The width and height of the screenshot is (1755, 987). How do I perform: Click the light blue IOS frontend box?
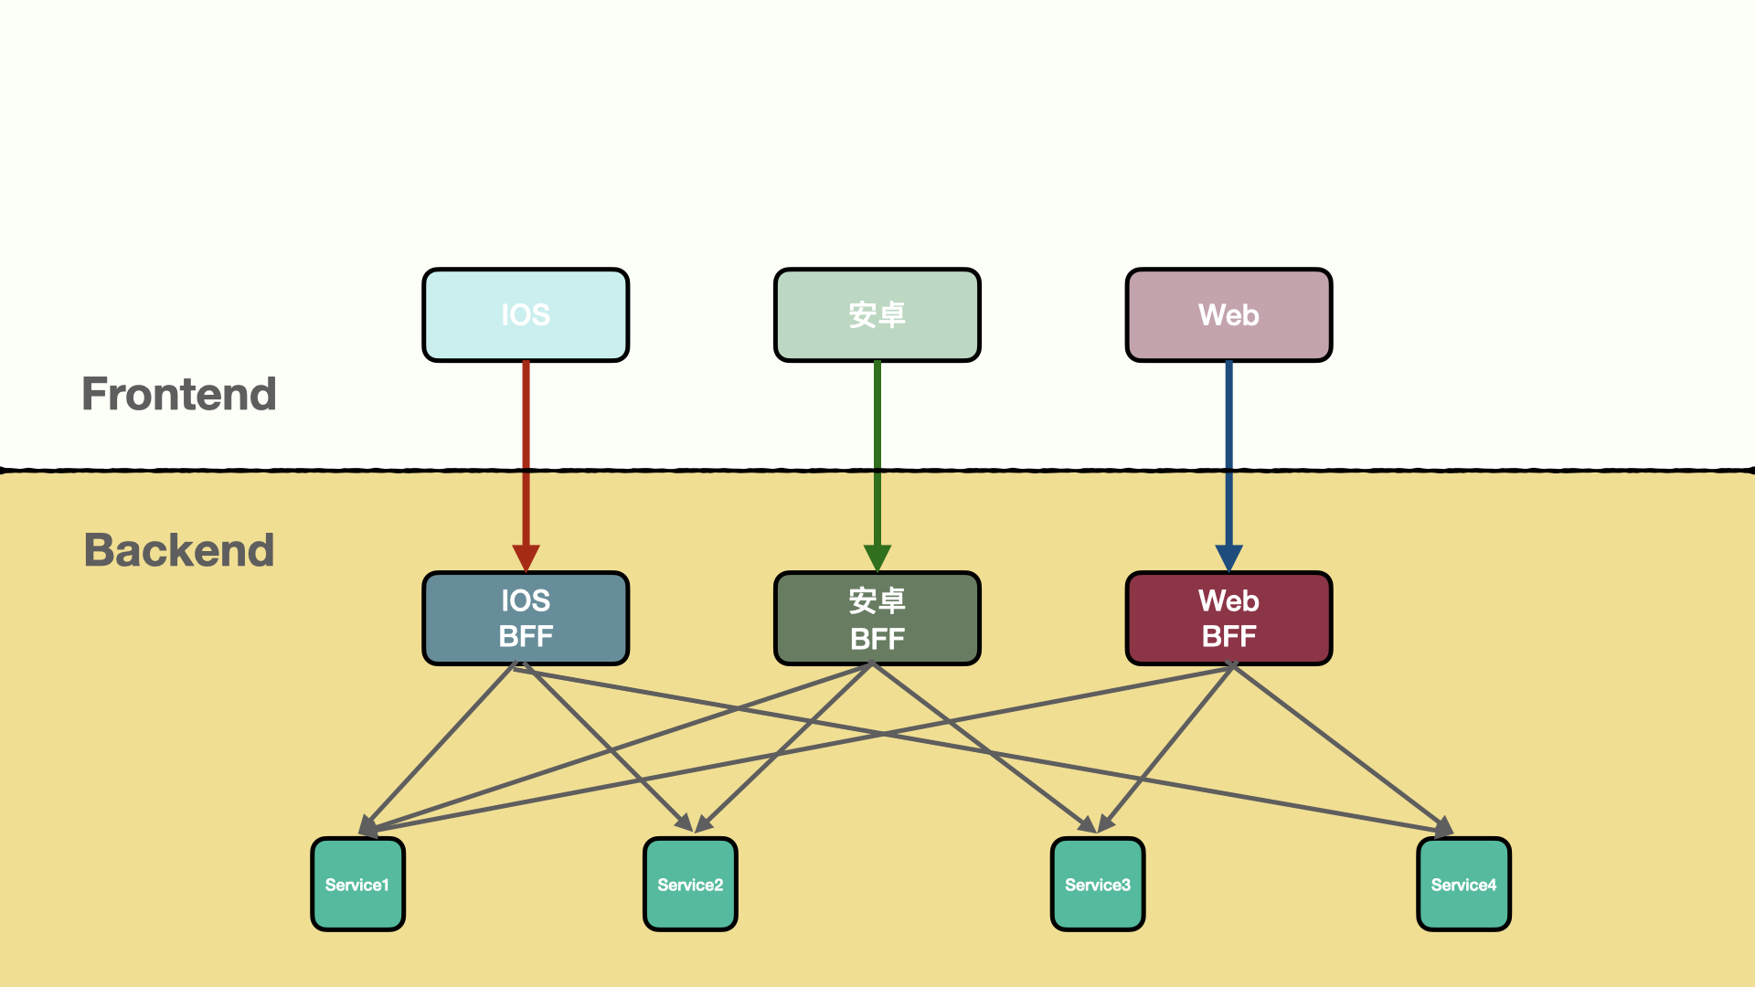coord(526,315)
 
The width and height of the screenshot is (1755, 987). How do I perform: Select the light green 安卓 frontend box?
coord(877,315)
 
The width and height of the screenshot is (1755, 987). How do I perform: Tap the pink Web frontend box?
coord(1228,315)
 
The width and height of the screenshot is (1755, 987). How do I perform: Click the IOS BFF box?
coord(526,619)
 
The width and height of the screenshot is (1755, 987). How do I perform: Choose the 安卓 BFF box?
coord(877,619)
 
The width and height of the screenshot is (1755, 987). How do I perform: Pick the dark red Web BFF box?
coord(1228,619)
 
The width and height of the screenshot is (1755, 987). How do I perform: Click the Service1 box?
coord(357,885)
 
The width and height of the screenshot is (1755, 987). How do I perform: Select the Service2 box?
coord(690,885)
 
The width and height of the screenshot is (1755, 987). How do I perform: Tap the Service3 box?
coord(1097,885)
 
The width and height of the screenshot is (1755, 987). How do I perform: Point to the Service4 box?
coord(1463,885)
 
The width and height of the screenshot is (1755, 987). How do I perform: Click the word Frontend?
coord(179,394)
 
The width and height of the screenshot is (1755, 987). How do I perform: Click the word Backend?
coord(179,550)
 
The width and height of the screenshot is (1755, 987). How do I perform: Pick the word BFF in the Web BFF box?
coord(1228,637)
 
